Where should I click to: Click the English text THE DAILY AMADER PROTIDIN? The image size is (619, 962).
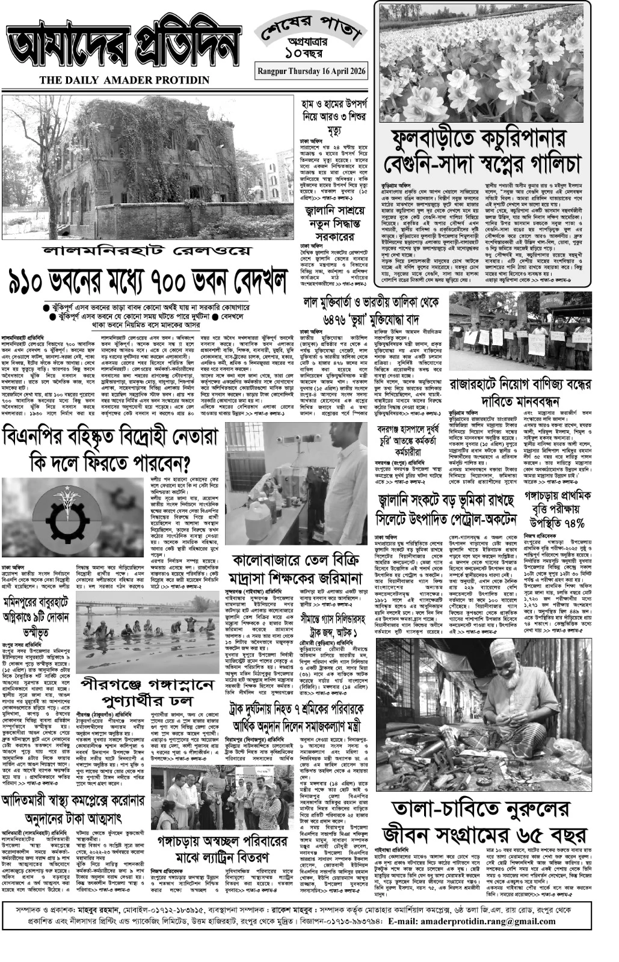(x=125, y=80)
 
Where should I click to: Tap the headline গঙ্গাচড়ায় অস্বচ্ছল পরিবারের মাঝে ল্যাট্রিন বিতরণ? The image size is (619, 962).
(x=214, y=847)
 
